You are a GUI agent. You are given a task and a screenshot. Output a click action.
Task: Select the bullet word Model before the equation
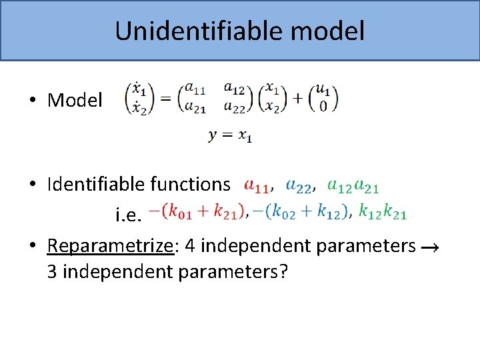coord(75,100)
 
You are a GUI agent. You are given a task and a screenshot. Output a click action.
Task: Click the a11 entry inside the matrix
coord(195,87)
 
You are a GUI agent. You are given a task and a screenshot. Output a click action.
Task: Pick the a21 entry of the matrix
coord(195,108)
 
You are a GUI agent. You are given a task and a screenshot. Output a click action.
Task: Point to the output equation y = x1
coord(230,135)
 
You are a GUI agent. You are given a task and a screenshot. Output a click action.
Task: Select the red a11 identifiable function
coord(257,184)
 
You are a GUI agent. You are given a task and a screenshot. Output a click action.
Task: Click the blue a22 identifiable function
coord(299,184)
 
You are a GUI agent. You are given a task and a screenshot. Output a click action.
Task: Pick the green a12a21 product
coord(353,184)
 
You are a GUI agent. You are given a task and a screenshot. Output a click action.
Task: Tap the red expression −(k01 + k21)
coord(195,211)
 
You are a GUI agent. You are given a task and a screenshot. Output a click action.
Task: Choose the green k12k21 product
coord(382,211)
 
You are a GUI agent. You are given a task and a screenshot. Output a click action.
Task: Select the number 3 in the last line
coord(52,272)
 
